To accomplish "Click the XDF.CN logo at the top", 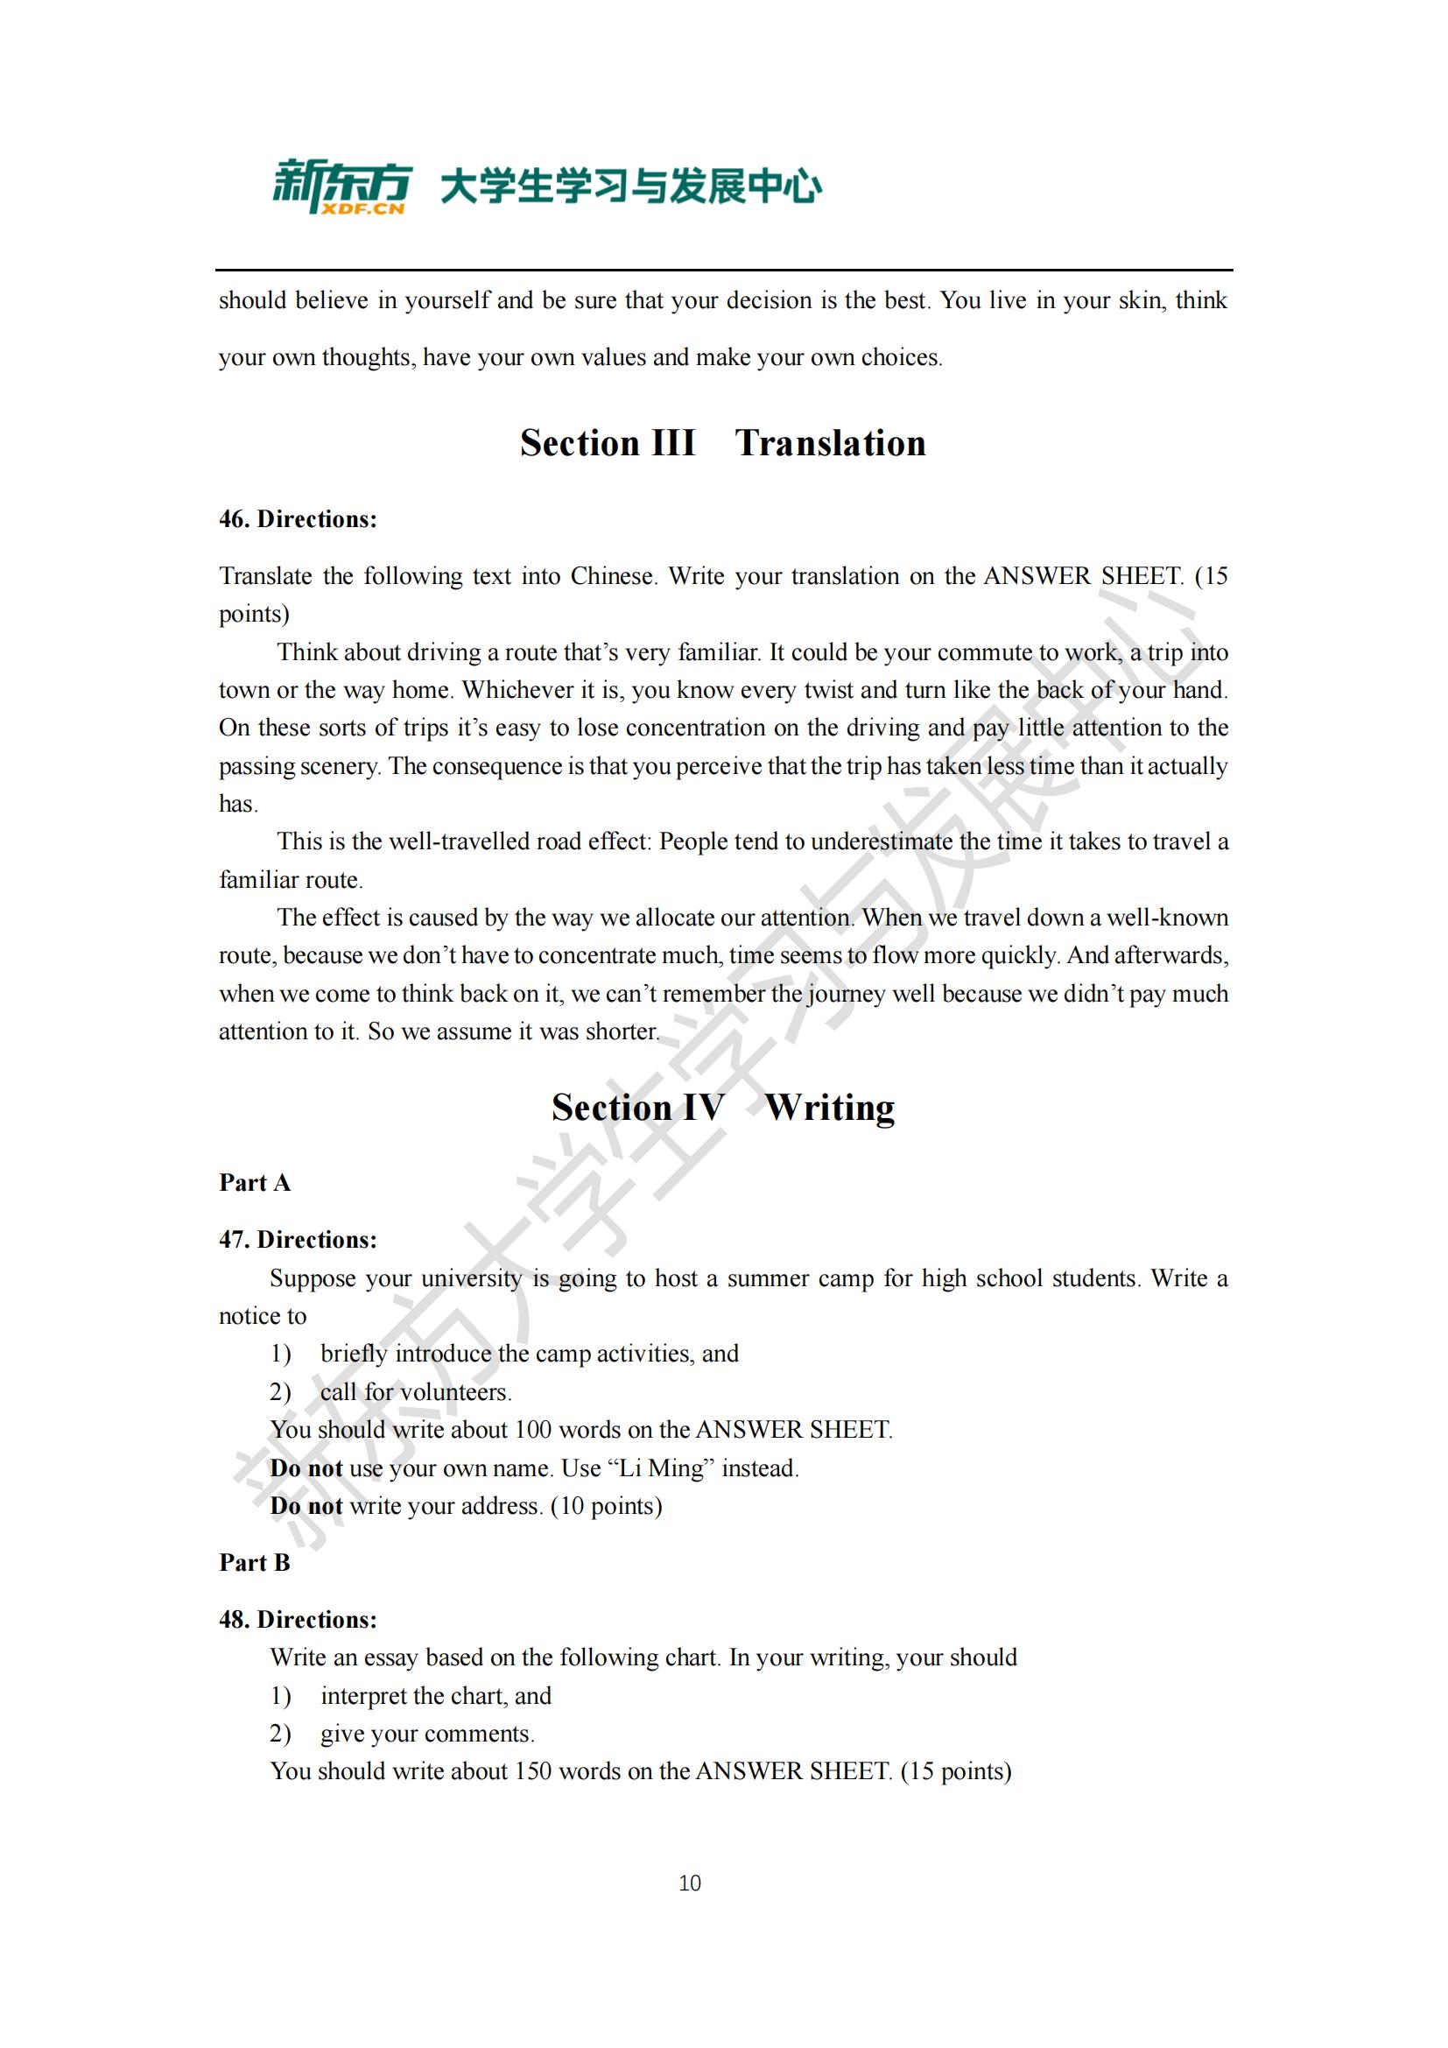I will coord(342,187).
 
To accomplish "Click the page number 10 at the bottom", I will coord(690,1883).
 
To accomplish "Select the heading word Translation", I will coord(830,443).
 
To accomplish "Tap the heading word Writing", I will coord(829,1108).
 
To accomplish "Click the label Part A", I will coord(255,1183).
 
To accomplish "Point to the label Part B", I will coord(255,1563).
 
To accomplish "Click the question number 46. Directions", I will coord(298,519).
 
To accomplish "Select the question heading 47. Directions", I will coord(298,1240).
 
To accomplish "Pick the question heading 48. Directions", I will coord(298,1620).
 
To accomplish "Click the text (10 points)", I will coord(607,1507).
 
